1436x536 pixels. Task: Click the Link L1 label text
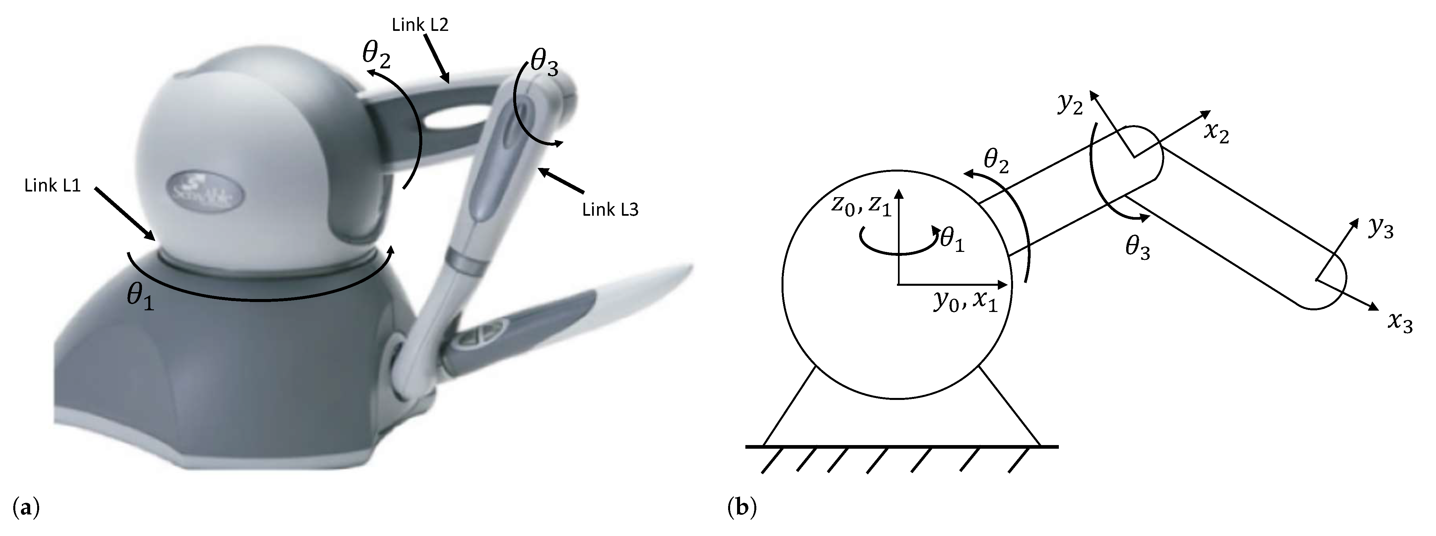pyautogui.click(x=53, y=186)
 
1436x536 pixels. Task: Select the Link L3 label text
pyautogui.click(x=610, y=210)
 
